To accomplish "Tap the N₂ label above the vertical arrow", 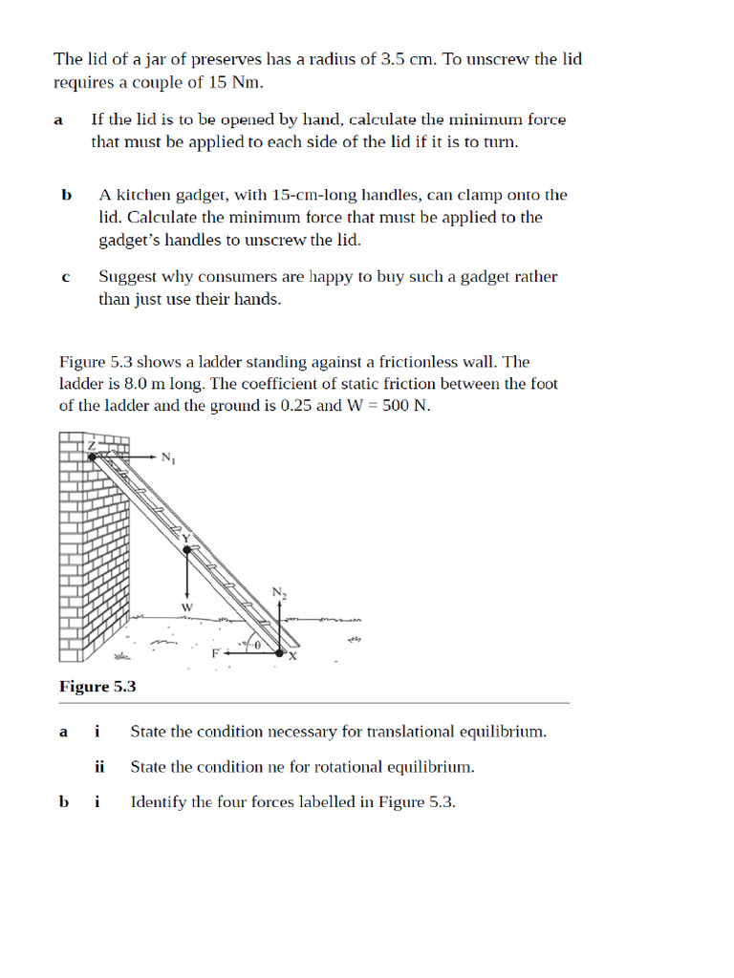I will coord(279,593).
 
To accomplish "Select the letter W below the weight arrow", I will coord(187,607).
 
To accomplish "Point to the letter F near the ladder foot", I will coord(215,653).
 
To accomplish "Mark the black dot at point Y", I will coord(187,548).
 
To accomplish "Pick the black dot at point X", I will coord(281,653).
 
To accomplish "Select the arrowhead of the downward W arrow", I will coord(187,595).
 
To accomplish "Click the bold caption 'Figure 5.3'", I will coord(97,686).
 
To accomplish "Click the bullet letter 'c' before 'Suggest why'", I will coord(65,278).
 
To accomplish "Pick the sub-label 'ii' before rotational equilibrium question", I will coord(98,766).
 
